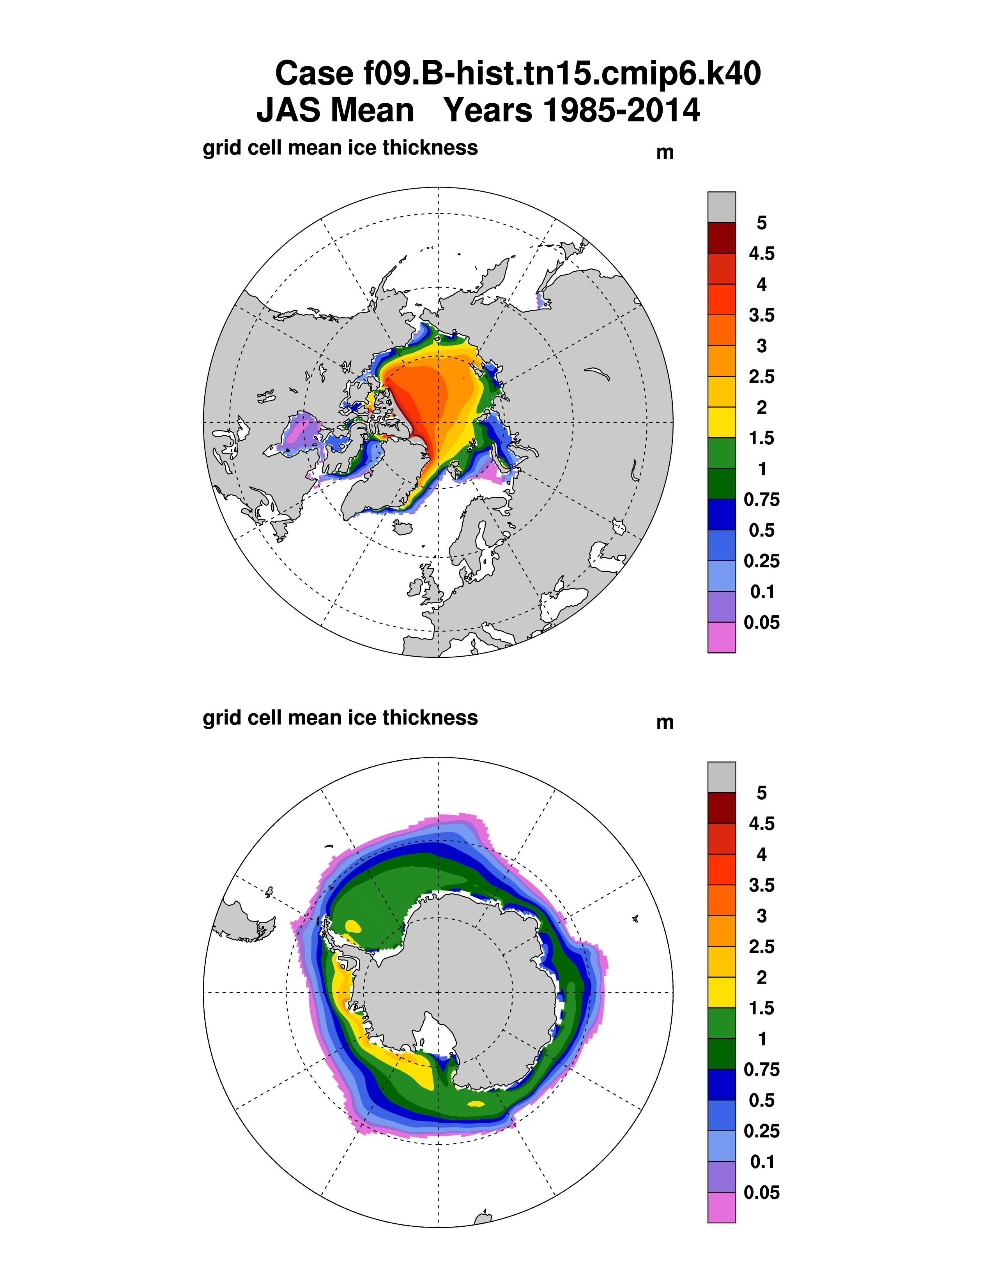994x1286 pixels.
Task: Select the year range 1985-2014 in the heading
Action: [621, 111]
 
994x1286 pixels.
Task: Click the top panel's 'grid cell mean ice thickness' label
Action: [340, 148]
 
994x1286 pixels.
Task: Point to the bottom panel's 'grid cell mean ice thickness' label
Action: [340, 718]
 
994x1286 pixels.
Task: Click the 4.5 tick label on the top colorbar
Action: [761, 254]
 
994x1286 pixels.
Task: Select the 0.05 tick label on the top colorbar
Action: [761, 622]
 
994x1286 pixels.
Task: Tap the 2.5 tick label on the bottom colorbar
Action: [761, 947]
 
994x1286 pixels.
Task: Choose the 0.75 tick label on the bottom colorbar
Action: [761, 1070]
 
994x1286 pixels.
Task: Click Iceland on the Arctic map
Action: [402, 528]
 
